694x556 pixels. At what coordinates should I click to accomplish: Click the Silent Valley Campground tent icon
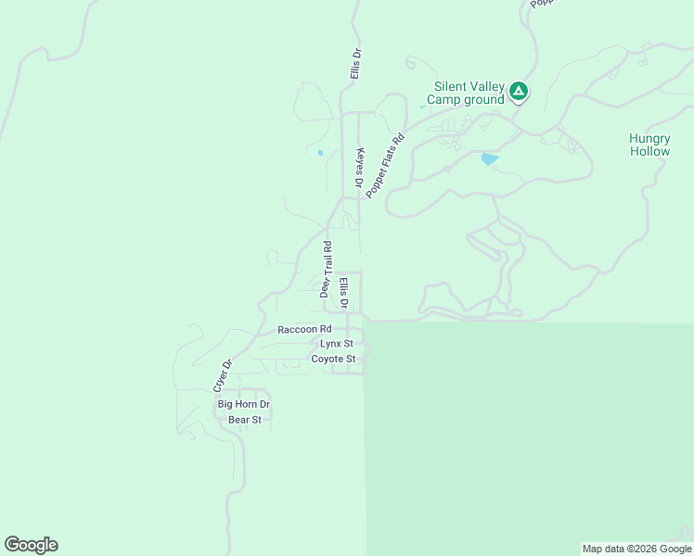tap(519, 91)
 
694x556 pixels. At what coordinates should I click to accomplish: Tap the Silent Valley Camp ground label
tap(466, 93)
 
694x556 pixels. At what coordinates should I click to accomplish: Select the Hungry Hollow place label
tap(649, 145)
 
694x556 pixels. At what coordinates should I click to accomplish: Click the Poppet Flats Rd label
tap(386, 166)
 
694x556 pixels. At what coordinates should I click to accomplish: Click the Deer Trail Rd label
tap(327, 269)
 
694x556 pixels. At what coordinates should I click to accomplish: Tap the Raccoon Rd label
tap(304, 329)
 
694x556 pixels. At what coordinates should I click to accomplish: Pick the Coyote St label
tap(333, 359)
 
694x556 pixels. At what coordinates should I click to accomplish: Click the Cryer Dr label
tap(220, 373)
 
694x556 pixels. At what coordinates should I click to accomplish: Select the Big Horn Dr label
tap(243, 404)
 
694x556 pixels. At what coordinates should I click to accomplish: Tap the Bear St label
tap(245, 420)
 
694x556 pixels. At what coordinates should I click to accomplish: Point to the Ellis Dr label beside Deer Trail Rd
tap(343, 292)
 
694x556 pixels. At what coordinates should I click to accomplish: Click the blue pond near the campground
tap(489, 159)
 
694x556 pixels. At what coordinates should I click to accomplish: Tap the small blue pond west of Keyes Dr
tap(320, 153)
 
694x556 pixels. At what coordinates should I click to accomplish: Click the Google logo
tap(31, 545)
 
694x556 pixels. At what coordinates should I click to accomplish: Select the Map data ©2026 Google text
tap(636, 549)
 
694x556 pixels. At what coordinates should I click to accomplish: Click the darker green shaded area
tap(529, 436)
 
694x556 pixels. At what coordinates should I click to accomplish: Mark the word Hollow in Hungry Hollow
tap(649, 151)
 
